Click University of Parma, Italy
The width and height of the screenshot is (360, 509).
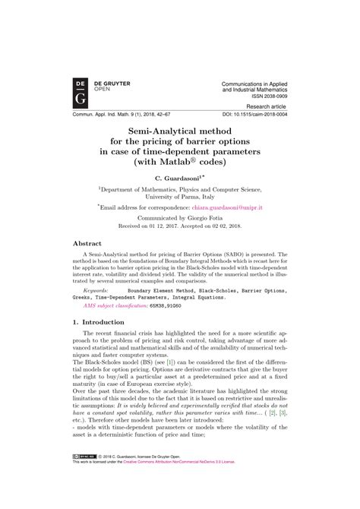(178, 195)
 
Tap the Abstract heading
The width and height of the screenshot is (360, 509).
(87, 244)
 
